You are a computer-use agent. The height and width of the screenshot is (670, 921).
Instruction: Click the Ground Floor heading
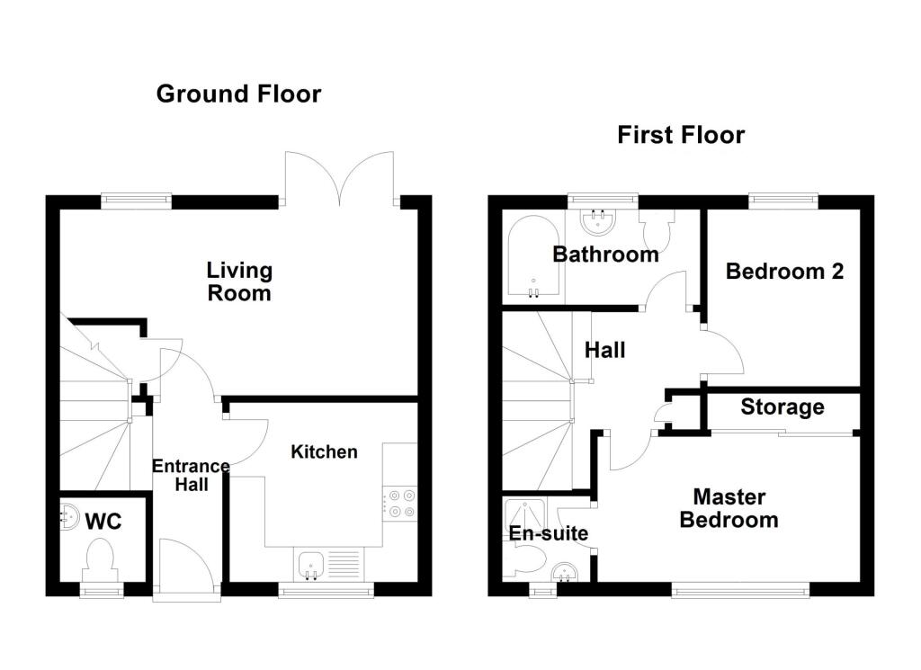click(238, 94)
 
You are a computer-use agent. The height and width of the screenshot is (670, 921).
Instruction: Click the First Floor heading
click(681, 135)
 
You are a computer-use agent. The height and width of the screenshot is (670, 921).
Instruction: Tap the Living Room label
click(239, 281)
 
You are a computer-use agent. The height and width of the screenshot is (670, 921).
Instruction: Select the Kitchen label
click(324, 451)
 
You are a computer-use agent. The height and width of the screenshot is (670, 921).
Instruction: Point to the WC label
click(103, 521)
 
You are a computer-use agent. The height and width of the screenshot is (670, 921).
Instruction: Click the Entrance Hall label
click(191, 475)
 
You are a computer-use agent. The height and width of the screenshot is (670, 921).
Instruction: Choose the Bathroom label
click(605, 255)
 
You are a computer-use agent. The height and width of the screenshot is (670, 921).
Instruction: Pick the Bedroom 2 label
click(784, 272)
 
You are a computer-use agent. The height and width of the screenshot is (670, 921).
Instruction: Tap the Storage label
click(782, 406)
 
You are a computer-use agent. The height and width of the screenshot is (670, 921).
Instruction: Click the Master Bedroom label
click(729, 508)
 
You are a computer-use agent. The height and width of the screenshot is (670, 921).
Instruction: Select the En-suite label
click(549, 533)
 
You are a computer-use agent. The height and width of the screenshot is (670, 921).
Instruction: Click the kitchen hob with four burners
click(399, 504)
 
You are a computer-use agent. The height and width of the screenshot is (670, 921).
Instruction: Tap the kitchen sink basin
click(310, 564)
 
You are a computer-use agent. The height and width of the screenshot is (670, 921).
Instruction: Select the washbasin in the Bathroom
click(599, 220)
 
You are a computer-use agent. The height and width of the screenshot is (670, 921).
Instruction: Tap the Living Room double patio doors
click(339, 179)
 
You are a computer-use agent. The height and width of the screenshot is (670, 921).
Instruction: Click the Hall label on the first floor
click(605, 351)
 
